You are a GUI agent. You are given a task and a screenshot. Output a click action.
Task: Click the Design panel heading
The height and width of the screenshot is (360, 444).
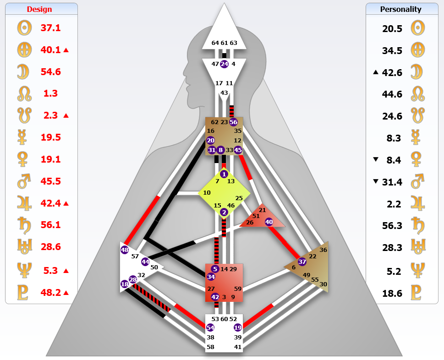pos(39,9)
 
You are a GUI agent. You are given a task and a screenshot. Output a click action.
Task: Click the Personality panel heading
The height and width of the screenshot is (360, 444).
pos(401,9)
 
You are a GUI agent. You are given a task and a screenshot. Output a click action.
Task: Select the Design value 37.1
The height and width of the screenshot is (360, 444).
pos(50,28)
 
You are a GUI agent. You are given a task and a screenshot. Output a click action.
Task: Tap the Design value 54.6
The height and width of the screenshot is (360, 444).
pos(50,72)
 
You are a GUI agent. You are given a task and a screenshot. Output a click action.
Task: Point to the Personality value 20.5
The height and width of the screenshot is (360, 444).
pos(392,28)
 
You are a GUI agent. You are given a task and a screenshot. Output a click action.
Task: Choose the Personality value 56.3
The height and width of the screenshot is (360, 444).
pos(392,225)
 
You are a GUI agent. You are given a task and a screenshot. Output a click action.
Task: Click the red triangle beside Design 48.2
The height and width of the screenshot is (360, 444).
pos(66,293)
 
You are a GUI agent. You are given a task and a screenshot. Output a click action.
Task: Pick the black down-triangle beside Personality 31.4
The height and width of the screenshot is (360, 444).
pos(376,181)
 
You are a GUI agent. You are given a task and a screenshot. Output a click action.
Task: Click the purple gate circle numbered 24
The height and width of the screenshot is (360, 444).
pos(224,64)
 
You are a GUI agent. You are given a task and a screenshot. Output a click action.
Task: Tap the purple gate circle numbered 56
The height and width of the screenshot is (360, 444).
pos(234,122)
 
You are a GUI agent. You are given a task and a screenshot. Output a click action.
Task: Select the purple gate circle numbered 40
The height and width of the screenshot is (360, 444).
pos(269,222)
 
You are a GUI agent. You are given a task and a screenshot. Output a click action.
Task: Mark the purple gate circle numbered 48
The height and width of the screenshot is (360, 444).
pos(125,250)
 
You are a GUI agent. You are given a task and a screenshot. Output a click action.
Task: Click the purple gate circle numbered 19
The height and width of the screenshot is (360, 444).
pos(237,327)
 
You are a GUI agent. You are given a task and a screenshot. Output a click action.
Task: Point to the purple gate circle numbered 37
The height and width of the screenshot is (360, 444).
pos(302,262)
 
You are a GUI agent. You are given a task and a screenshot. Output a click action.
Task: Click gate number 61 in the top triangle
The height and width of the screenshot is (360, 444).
pos(224,43)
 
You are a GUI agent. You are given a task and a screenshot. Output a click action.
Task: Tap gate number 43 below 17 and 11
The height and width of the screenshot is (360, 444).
pos(224,93)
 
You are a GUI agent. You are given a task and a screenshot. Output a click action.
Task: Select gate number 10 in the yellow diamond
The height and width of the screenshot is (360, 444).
pos(207,193)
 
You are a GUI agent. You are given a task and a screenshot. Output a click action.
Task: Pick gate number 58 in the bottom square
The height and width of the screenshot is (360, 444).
pos(210,347)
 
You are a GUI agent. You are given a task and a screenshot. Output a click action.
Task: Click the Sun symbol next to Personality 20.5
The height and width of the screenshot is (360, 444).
pos(416,28)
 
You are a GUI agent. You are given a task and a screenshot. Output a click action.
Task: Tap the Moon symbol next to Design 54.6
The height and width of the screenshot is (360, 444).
pos(23,72)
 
